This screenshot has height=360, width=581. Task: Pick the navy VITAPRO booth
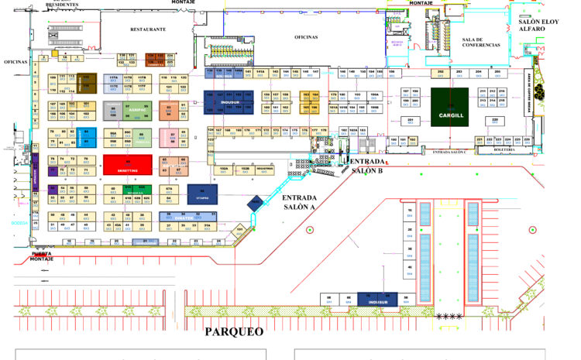pyautogui.click(x=202, y=194)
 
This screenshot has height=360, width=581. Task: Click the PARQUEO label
pyautogui.click(x=234, y=331)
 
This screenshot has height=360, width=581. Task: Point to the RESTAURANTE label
pyautogui.click(x=148, y=29)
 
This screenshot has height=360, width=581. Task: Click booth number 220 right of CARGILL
pyautogui.click(x=495, y=120)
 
